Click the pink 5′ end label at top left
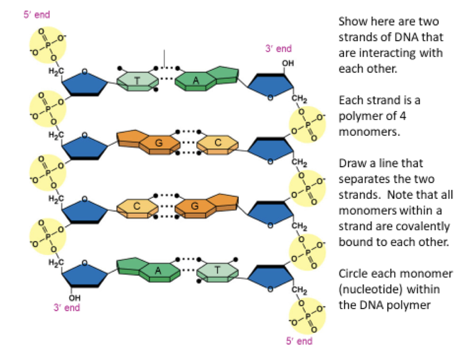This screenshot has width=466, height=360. [x=37, y=14]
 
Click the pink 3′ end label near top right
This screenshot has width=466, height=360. [x=278, y=48]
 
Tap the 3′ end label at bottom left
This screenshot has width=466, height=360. [x=67, y=308]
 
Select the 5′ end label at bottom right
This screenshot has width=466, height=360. [x=299, y=342]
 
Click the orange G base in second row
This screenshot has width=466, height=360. [x=158, y=143]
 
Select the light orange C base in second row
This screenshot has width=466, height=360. [x=218, y=143]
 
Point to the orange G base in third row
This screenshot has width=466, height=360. [x=195, y=206]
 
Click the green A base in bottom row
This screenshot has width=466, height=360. [x=158, y=270]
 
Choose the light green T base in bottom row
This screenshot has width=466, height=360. [x=218, y=270]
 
